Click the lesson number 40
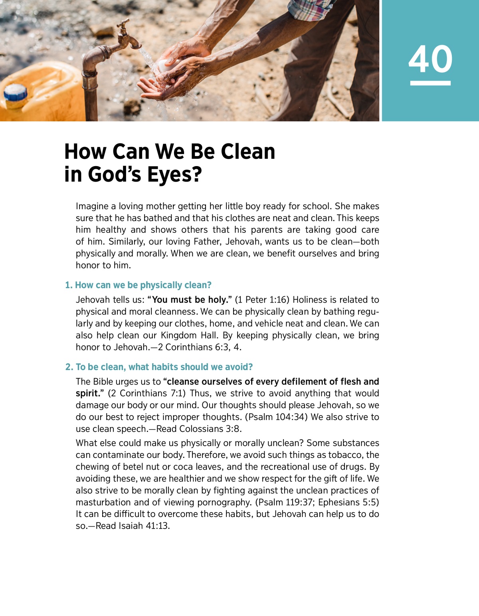(x=430, y=59)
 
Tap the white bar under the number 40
(x=430, y=83)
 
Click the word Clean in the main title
(x=248, y=152)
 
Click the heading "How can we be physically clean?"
(x=138, y=285)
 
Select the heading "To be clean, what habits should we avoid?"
(x=159, y=367)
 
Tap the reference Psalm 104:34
(x=276, y=417)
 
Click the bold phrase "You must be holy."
(x=190, y=300)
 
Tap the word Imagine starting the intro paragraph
(x=92, y=206)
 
